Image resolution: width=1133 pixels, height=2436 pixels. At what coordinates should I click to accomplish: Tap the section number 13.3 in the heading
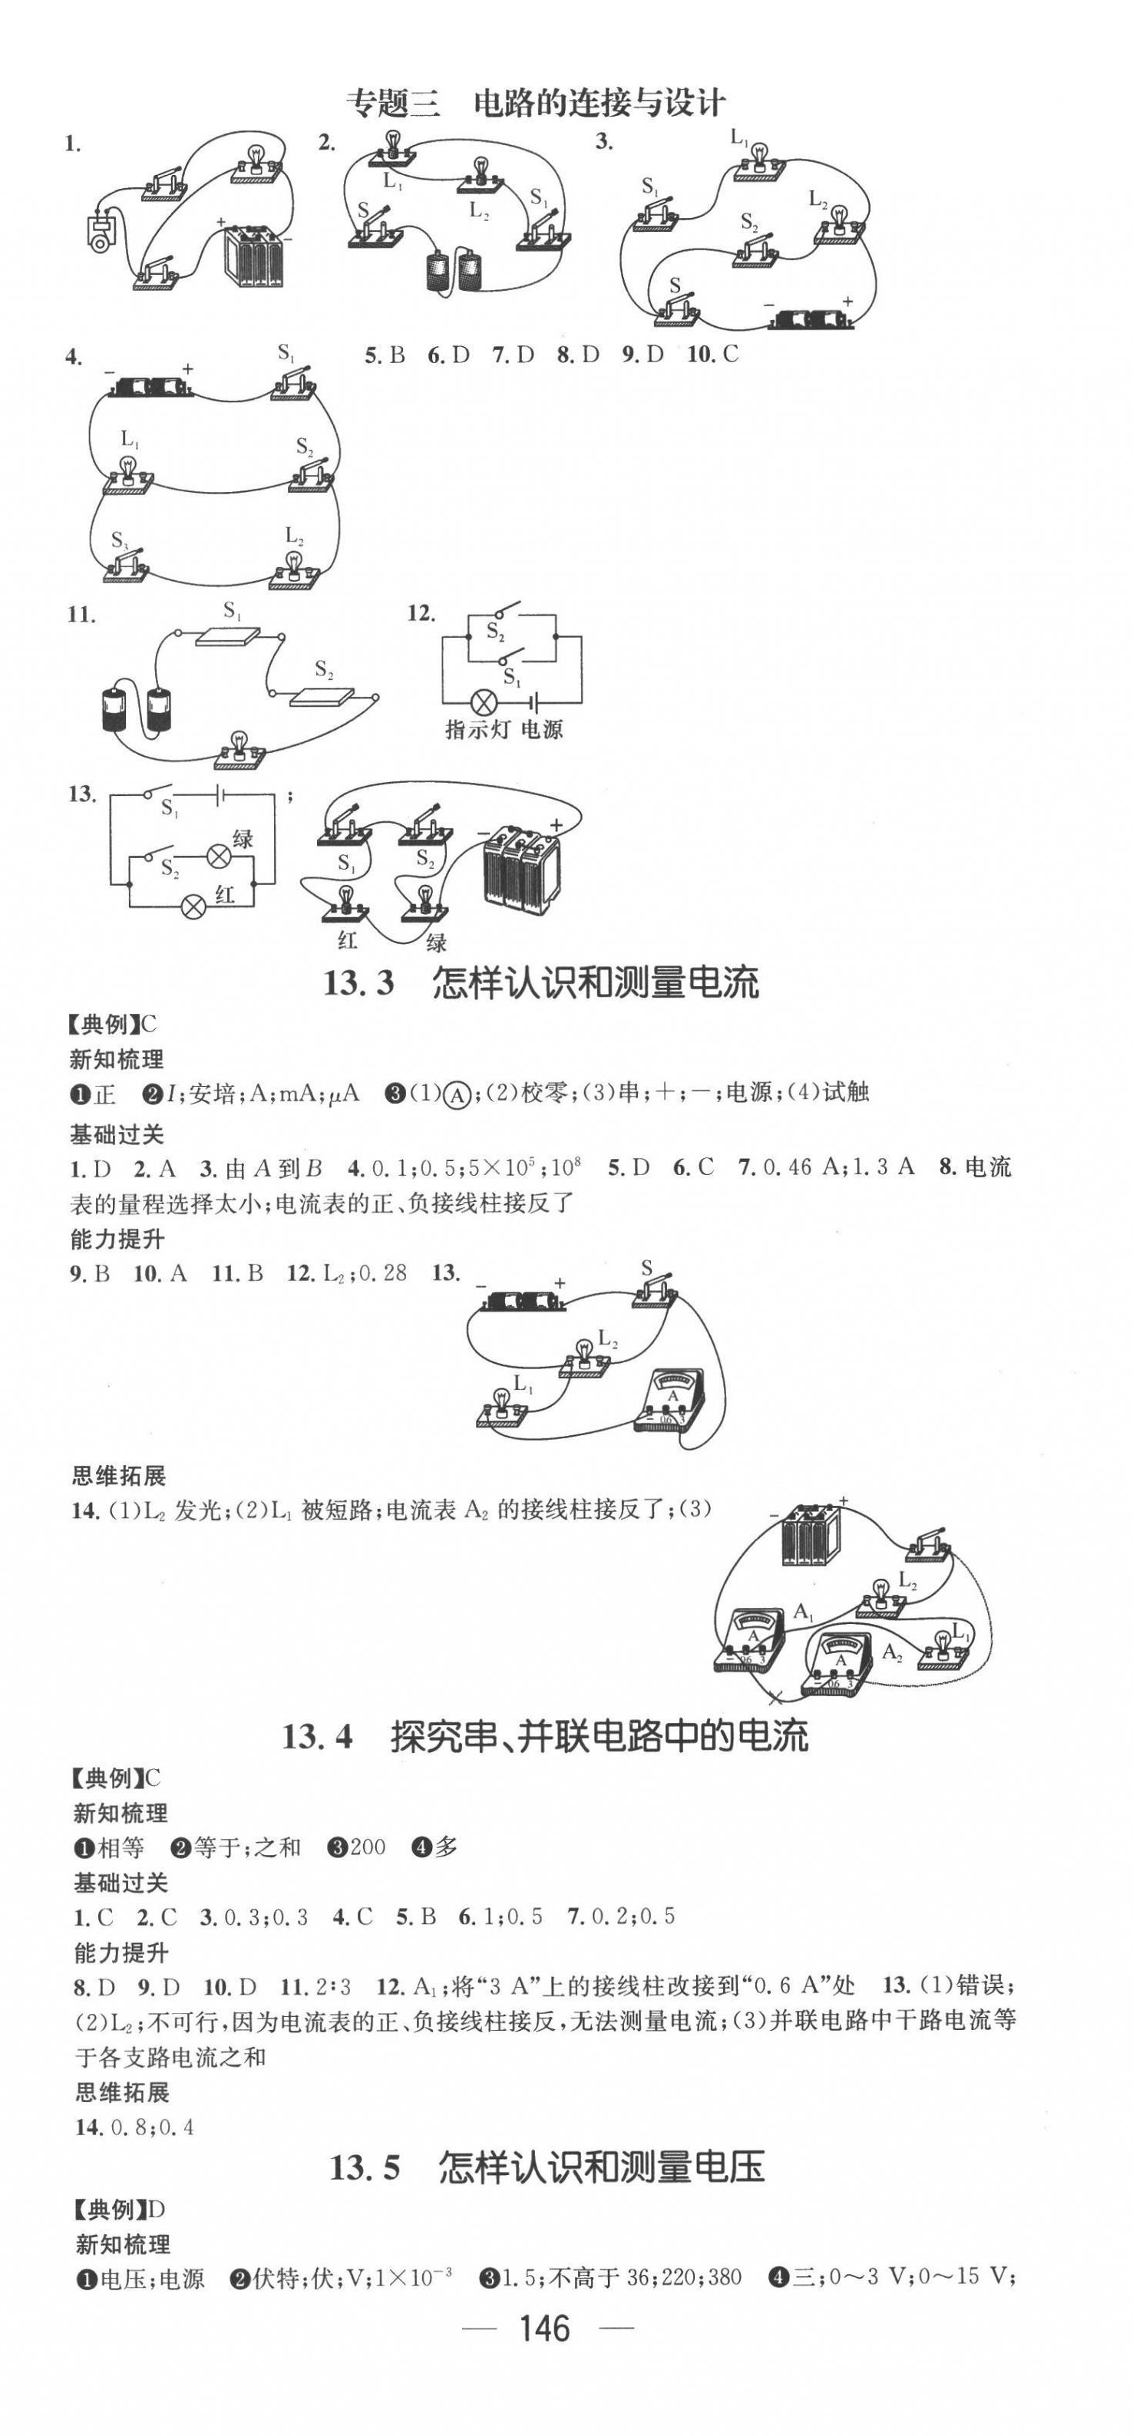pos(358,982)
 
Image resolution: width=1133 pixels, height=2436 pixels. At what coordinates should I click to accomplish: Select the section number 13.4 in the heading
pos(317,1736)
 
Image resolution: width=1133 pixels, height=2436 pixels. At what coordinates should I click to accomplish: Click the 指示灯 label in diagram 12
pos(477,730)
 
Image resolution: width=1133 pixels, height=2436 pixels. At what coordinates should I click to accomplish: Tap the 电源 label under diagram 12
pos(542,730)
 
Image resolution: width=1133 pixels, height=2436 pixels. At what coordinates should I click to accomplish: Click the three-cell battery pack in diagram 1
pos(253,256)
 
